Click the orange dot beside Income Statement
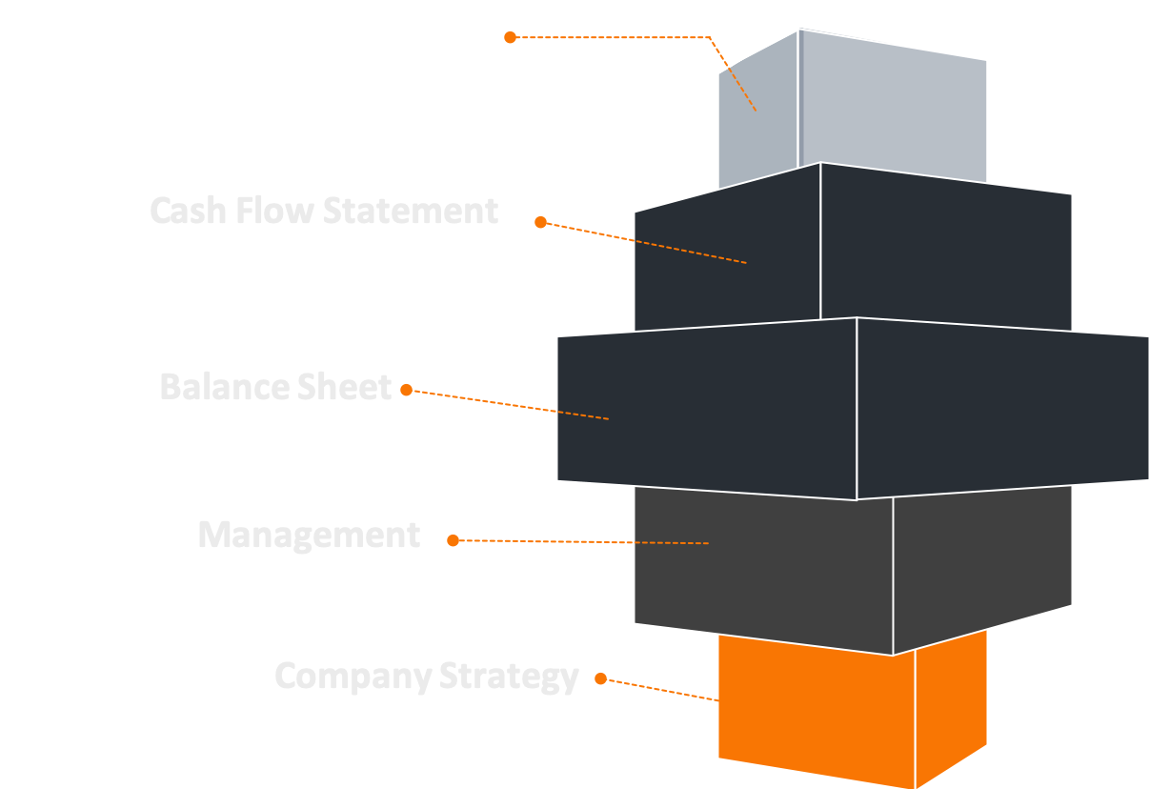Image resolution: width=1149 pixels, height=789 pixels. [x=511, y=37]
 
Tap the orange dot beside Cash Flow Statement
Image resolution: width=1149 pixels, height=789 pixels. [x=540, y=222]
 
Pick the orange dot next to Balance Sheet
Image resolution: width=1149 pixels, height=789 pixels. [x=407, y=390]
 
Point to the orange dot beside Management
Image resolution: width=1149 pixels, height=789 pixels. [x=454, y=540]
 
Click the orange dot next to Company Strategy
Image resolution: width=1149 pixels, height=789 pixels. [x=601, y=678]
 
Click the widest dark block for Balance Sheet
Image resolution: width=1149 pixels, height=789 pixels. [x=857, y=410]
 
